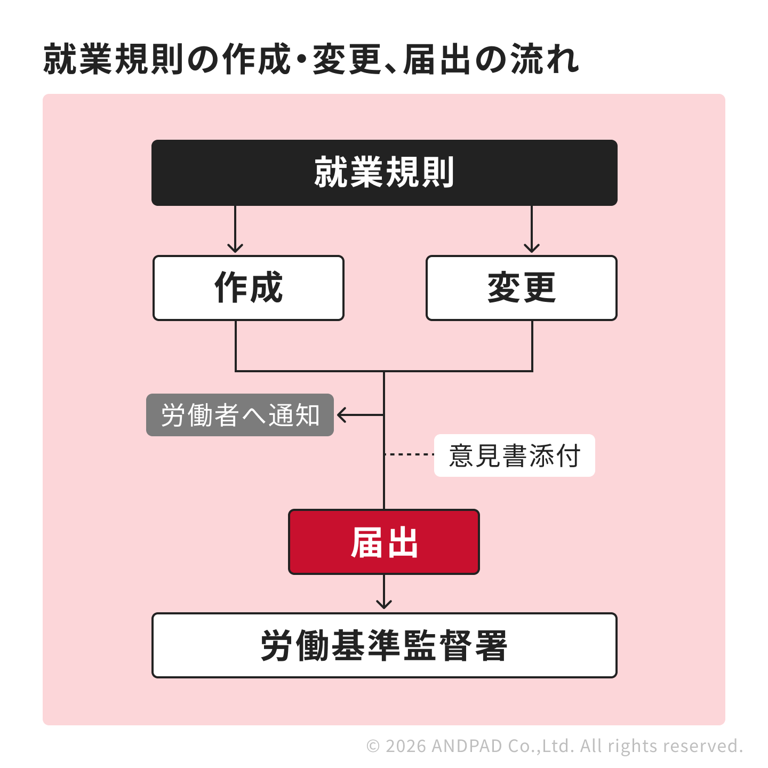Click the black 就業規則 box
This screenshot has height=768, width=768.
[384, 173]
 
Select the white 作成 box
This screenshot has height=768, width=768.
[249, 288]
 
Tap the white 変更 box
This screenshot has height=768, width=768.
[522, 288]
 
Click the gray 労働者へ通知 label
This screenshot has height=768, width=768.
[240, 415]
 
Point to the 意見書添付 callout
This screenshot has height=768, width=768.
[514, 455]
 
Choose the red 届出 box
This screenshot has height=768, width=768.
[384, 542]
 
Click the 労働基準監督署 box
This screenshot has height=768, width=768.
[384, 645]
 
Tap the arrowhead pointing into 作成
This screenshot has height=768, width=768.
[235, 248]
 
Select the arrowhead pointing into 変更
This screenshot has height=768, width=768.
[532, 248]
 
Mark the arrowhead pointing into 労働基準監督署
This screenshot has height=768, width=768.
[384, 604]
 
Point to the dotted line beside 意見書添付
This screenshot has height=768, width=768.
[410, 455]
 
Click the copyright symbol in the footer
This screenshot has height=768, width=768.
[373, 746]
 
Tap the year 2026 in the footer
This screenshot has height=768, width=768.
[406, 746]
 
